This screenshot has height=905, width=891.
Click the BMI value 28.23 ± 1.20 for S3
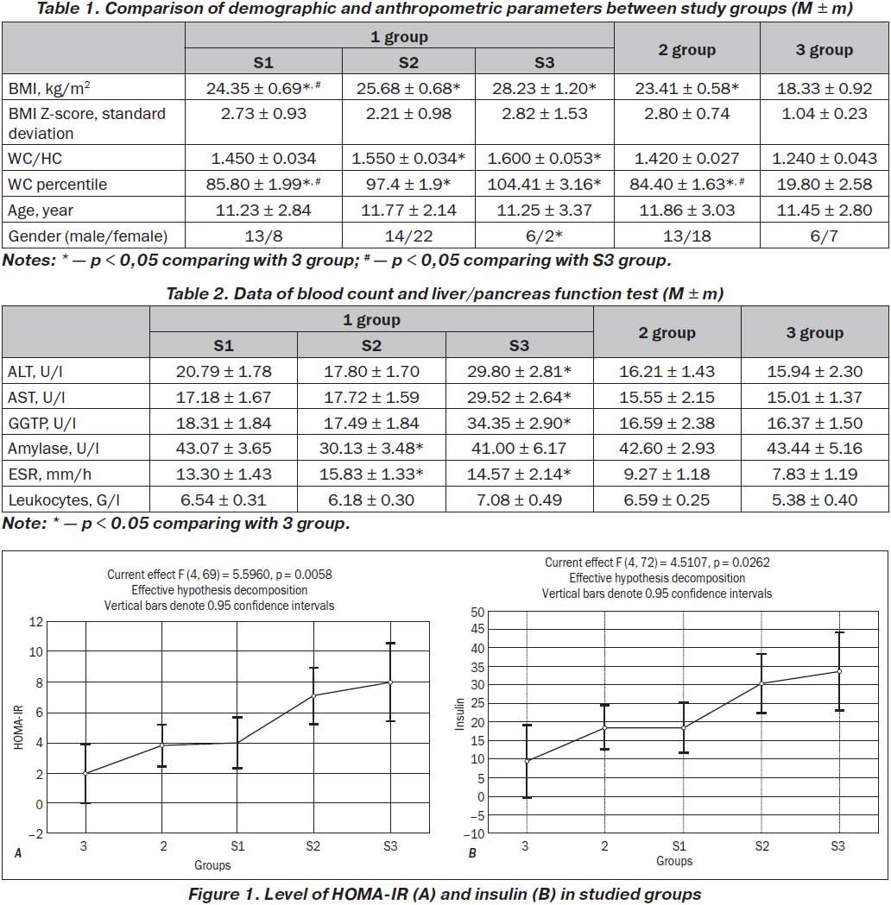544,88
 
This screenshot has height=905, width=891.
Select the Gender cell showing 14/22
408,236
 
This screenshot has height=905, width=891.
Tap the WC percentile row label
57,184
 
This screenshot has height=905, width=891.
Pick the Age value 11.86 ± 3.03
686,211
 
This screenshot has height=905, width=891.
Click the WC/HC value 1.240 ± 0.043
824,158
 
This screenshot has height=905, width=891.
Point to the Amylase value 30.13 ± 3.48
371,449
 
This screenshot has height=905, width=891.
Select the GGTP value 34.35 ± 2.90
519,423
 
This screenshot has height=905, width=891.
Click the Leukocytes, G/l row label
64,500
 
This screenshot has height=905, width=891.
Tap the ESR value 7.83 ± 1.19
814,474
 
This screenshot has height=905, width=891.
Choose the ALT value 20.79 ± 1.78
224,372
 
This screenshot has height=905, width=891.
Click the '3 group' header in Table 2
814,332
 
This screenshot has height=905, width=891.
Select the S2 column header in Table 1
408,62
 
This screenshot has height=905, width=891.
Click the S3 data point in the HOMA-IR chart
390,682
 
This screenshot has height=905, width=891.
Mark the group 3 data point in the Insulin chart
527,761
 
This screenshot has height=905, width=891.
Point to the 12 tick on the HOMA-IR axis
36,622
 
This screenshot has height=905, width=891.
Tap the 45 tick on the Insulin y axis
477,629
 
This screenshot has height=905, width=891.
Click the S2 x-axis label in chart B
762,846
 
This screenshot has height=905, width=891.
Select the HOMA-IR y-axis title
18,727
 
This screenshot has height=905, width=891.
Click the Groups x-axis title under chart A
212,865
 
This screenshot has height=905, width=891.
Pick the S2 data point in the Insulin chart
761,683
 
